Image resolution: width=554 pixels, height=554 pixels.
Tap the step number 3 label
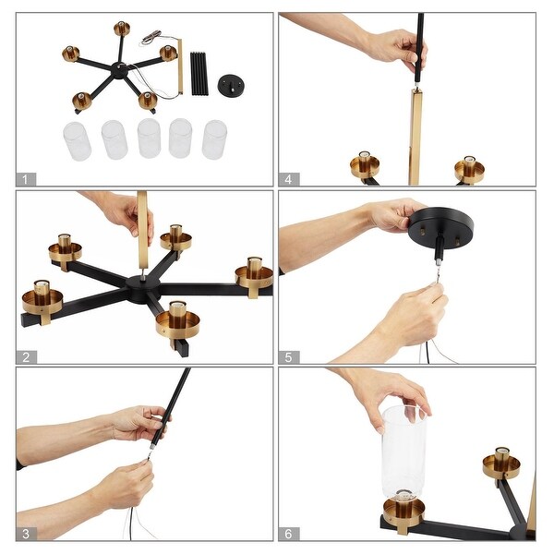click(x=26, y=533)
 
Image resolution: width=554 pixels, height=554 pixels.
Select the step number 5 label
click(x=288, y=355)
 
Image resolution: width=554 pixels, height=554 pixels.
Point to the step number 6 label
click(x=288, y=533)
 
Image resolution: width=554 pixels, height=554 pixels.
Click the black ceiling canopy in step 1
click(x=231, y=85)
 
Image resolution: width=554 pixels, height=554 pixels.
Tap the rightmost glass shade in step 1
click(x=214, y=139)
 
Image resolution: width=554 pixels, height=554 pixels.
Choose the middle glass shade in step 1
click(x=149, y=138)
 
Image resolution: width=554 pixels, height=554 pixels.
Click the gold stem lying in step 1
click(x=180, y=66)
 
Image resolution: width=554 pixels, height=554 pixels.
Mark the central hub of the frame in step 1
click(x=119, y=69)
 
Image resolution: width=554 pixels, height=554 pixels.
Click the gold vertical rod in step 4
click(x=415, y=134)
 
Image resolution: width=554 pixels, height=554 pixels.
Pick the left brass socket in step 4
click(x=365, y=165)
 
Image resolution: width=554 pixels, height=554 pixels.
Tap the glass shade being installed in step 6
click(x=403, y=452)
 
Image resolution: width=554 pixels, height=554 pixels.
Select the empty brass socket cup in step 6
click(x=501, y=464)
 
